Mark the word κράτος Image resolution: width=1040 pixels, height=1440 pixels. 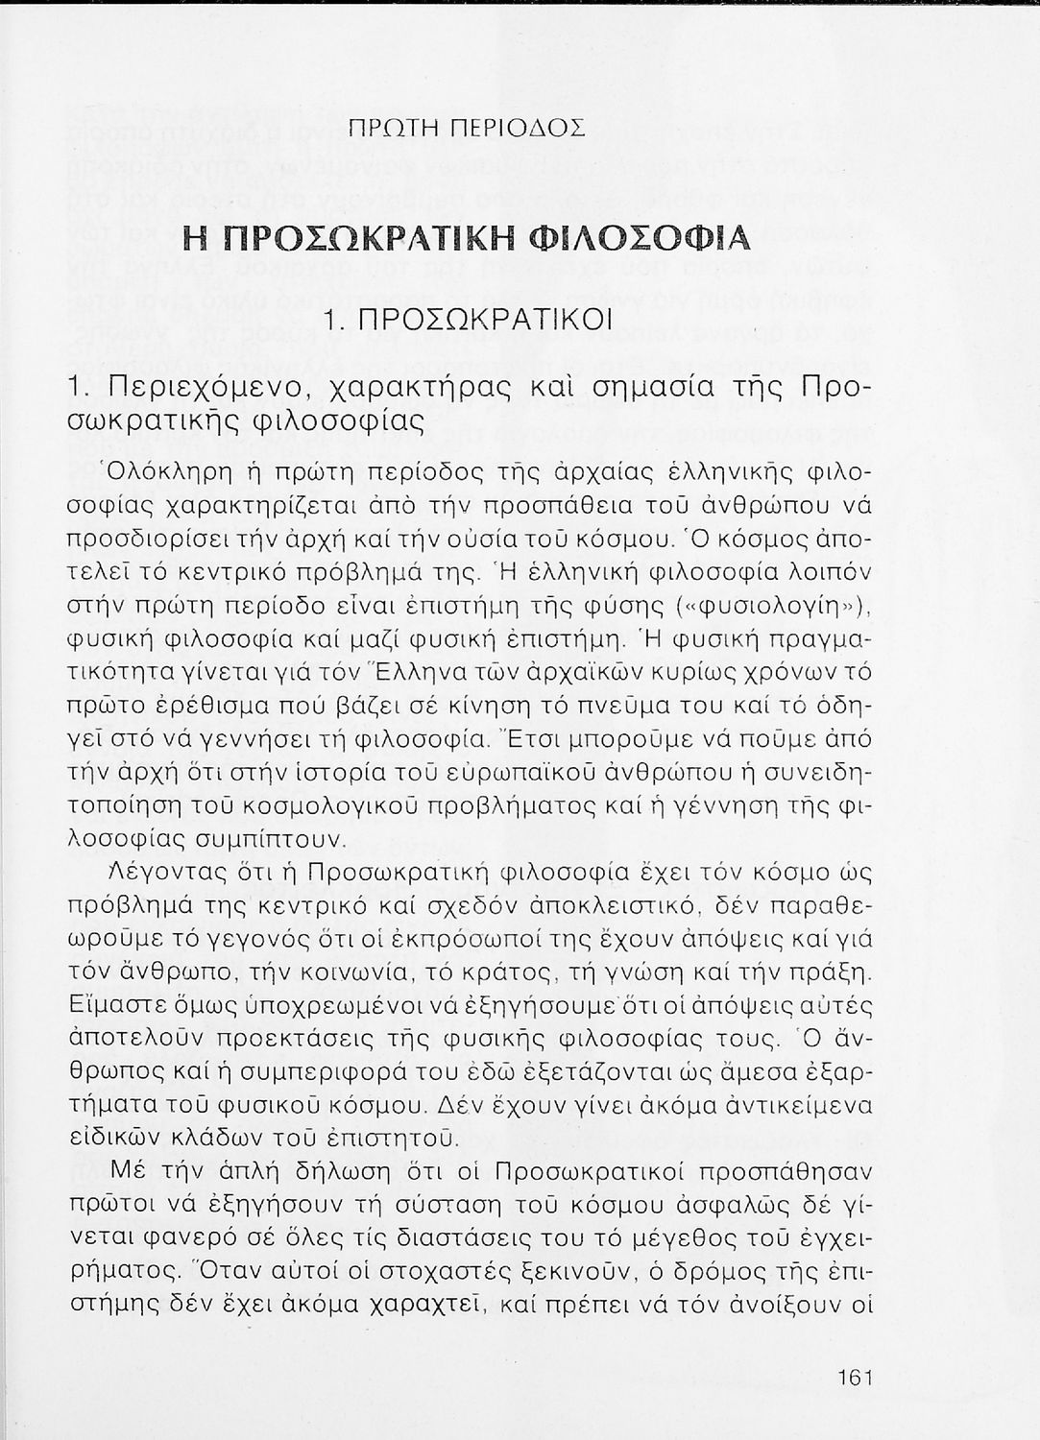(565, 975)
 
